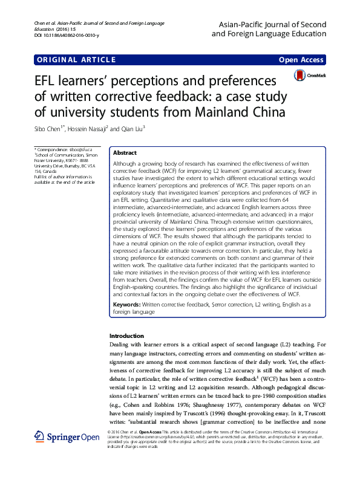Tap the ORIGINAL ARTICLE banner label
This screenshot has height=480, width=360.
click(x=76, y=60)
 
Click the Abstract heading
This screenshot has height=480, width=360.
click(x=125, y=154)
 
